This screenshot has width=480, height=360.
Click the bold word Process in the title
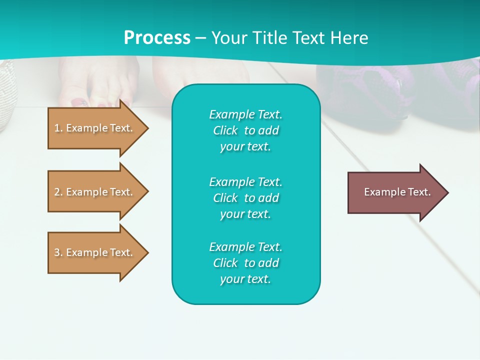pos(157,38)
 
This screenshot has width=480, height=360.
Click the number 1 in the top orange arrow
pos(56,128)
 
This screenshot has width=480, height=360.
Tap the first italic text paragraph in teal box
pos(245,130)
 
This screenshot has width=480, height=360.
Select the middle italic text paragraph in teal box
pos(245,198)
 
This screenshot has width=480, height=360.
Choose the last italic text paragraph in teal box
pos(245,263)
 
